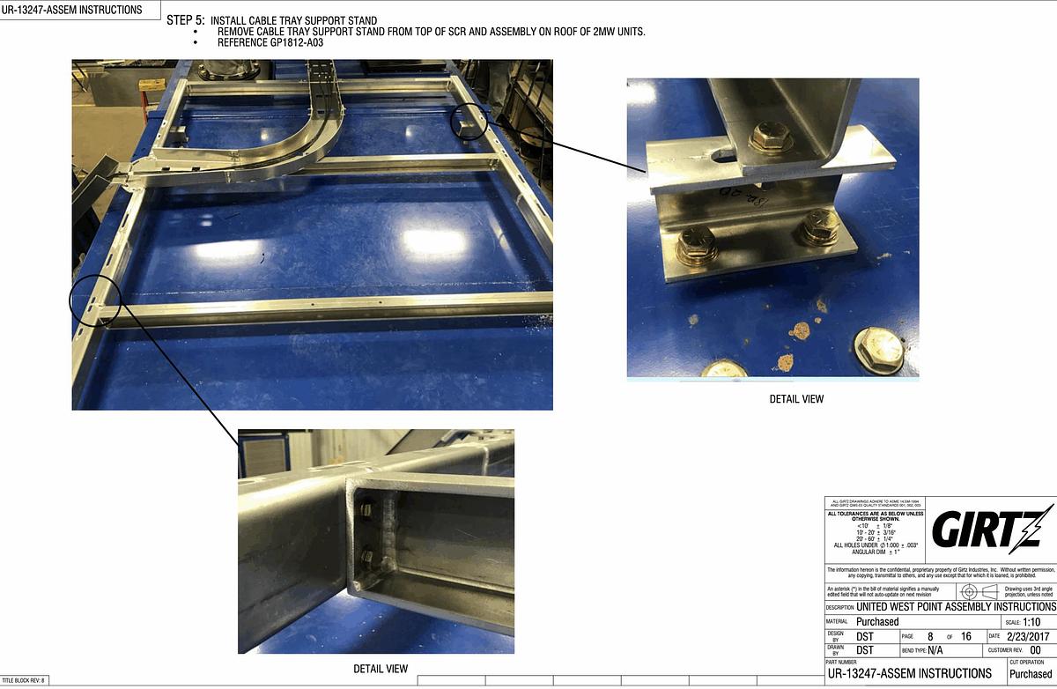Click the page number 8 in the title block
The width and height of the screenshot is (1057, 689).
[x=929, y=635]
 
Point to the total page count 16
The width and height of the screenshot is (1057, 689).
[x=966, y=635]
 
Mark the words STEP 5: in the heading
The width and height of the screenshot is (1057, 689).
[x=186, y=20]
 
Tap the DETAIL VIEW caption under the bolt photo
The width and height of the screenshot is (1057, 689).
[x=796, y=399]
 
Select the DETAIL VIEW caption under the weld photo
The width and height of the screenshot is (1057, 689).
[x=381, y=669]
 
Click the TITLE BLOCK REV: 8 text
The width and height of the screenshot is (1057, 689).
[x=23, y=680]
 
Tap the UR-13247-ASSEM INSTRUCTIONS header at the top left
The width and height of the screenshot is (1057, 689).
[x=72, y=10]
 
